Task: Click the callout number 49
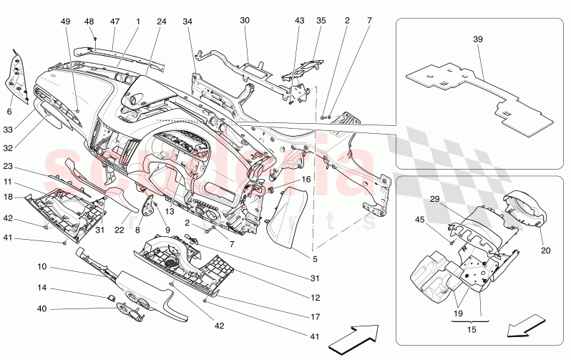pyautogui.click(x=67, y=22)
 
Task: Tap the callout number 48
pyautogui.click(x=89, y=22)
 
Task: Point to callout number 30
pyautogui.click(x=245, y=22)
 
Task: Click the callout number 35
pyautogui.click(x=321, y=22)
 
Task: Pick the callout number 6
pyautogui.click(x=10, y=112)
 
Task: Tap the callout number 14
pyautogui.click(x=42, y=289)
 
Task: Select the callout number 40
pyautogui.click(x=42, y=308)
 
